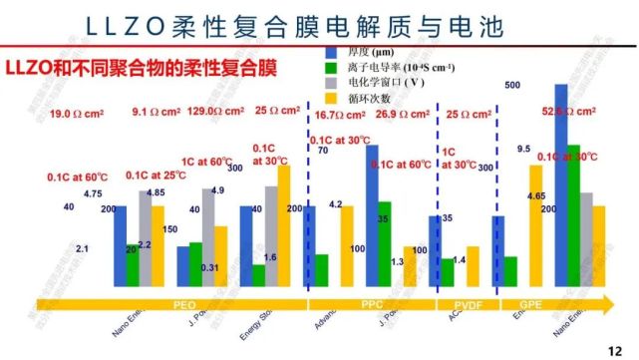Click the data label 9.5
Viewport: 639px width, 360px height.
tap(523, 149)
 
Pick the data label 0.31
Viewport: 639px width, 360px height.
tap(209, 267)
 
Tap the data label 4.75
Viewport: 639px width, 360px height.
tap(94, 192)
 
